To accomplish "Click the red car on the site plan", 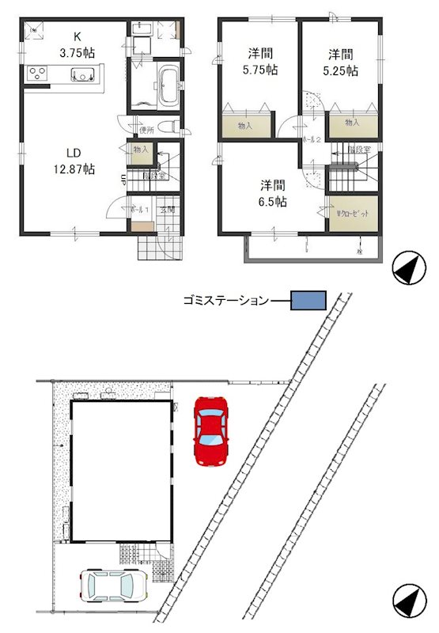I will pos(210,430).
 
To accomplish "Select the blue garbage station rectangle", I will pos(308,300).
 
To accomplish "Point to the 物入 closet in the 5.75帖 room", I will pos(244,125).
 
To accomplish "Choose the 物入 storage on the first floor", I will pos(141,150).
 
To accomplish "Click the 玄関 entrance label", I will pos(168,210).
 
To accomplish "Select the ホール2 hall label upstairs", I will pos(308,139).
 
